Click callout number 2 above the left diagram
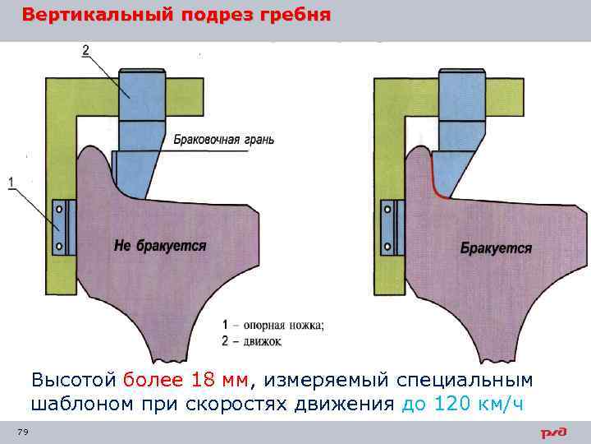coord(85,51)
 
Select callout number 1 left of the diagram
coord(11,182)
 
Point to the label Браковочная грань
coord(223,140)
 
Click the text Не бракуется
coord(160,246)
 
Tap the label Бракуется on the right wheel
coord(496,247)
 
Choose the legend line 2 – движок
coord(253,340)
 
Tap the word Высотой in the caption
coord(74,380)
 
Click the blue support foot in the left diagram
coord(64,226)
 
